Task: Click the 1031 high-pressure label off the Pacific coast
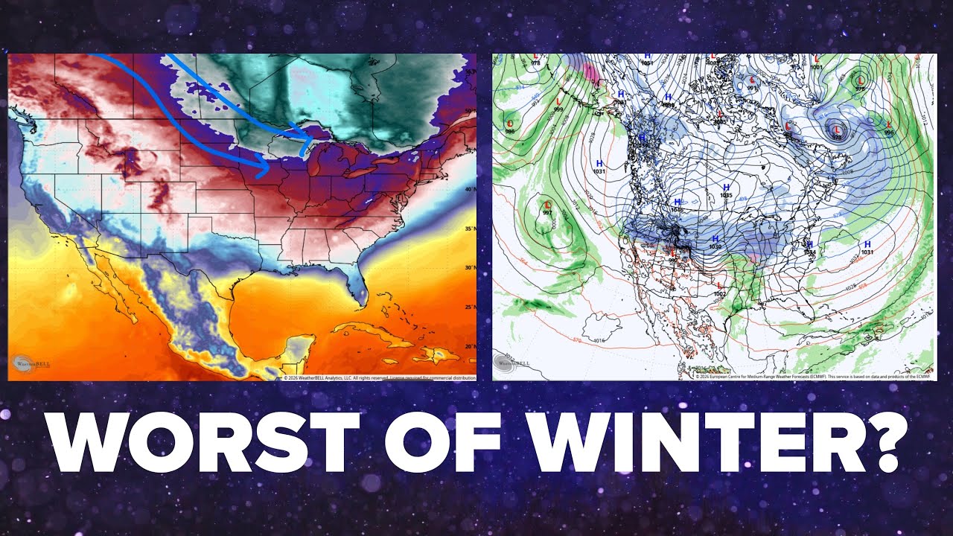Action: pyautogui.click(x=599, y=167)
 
